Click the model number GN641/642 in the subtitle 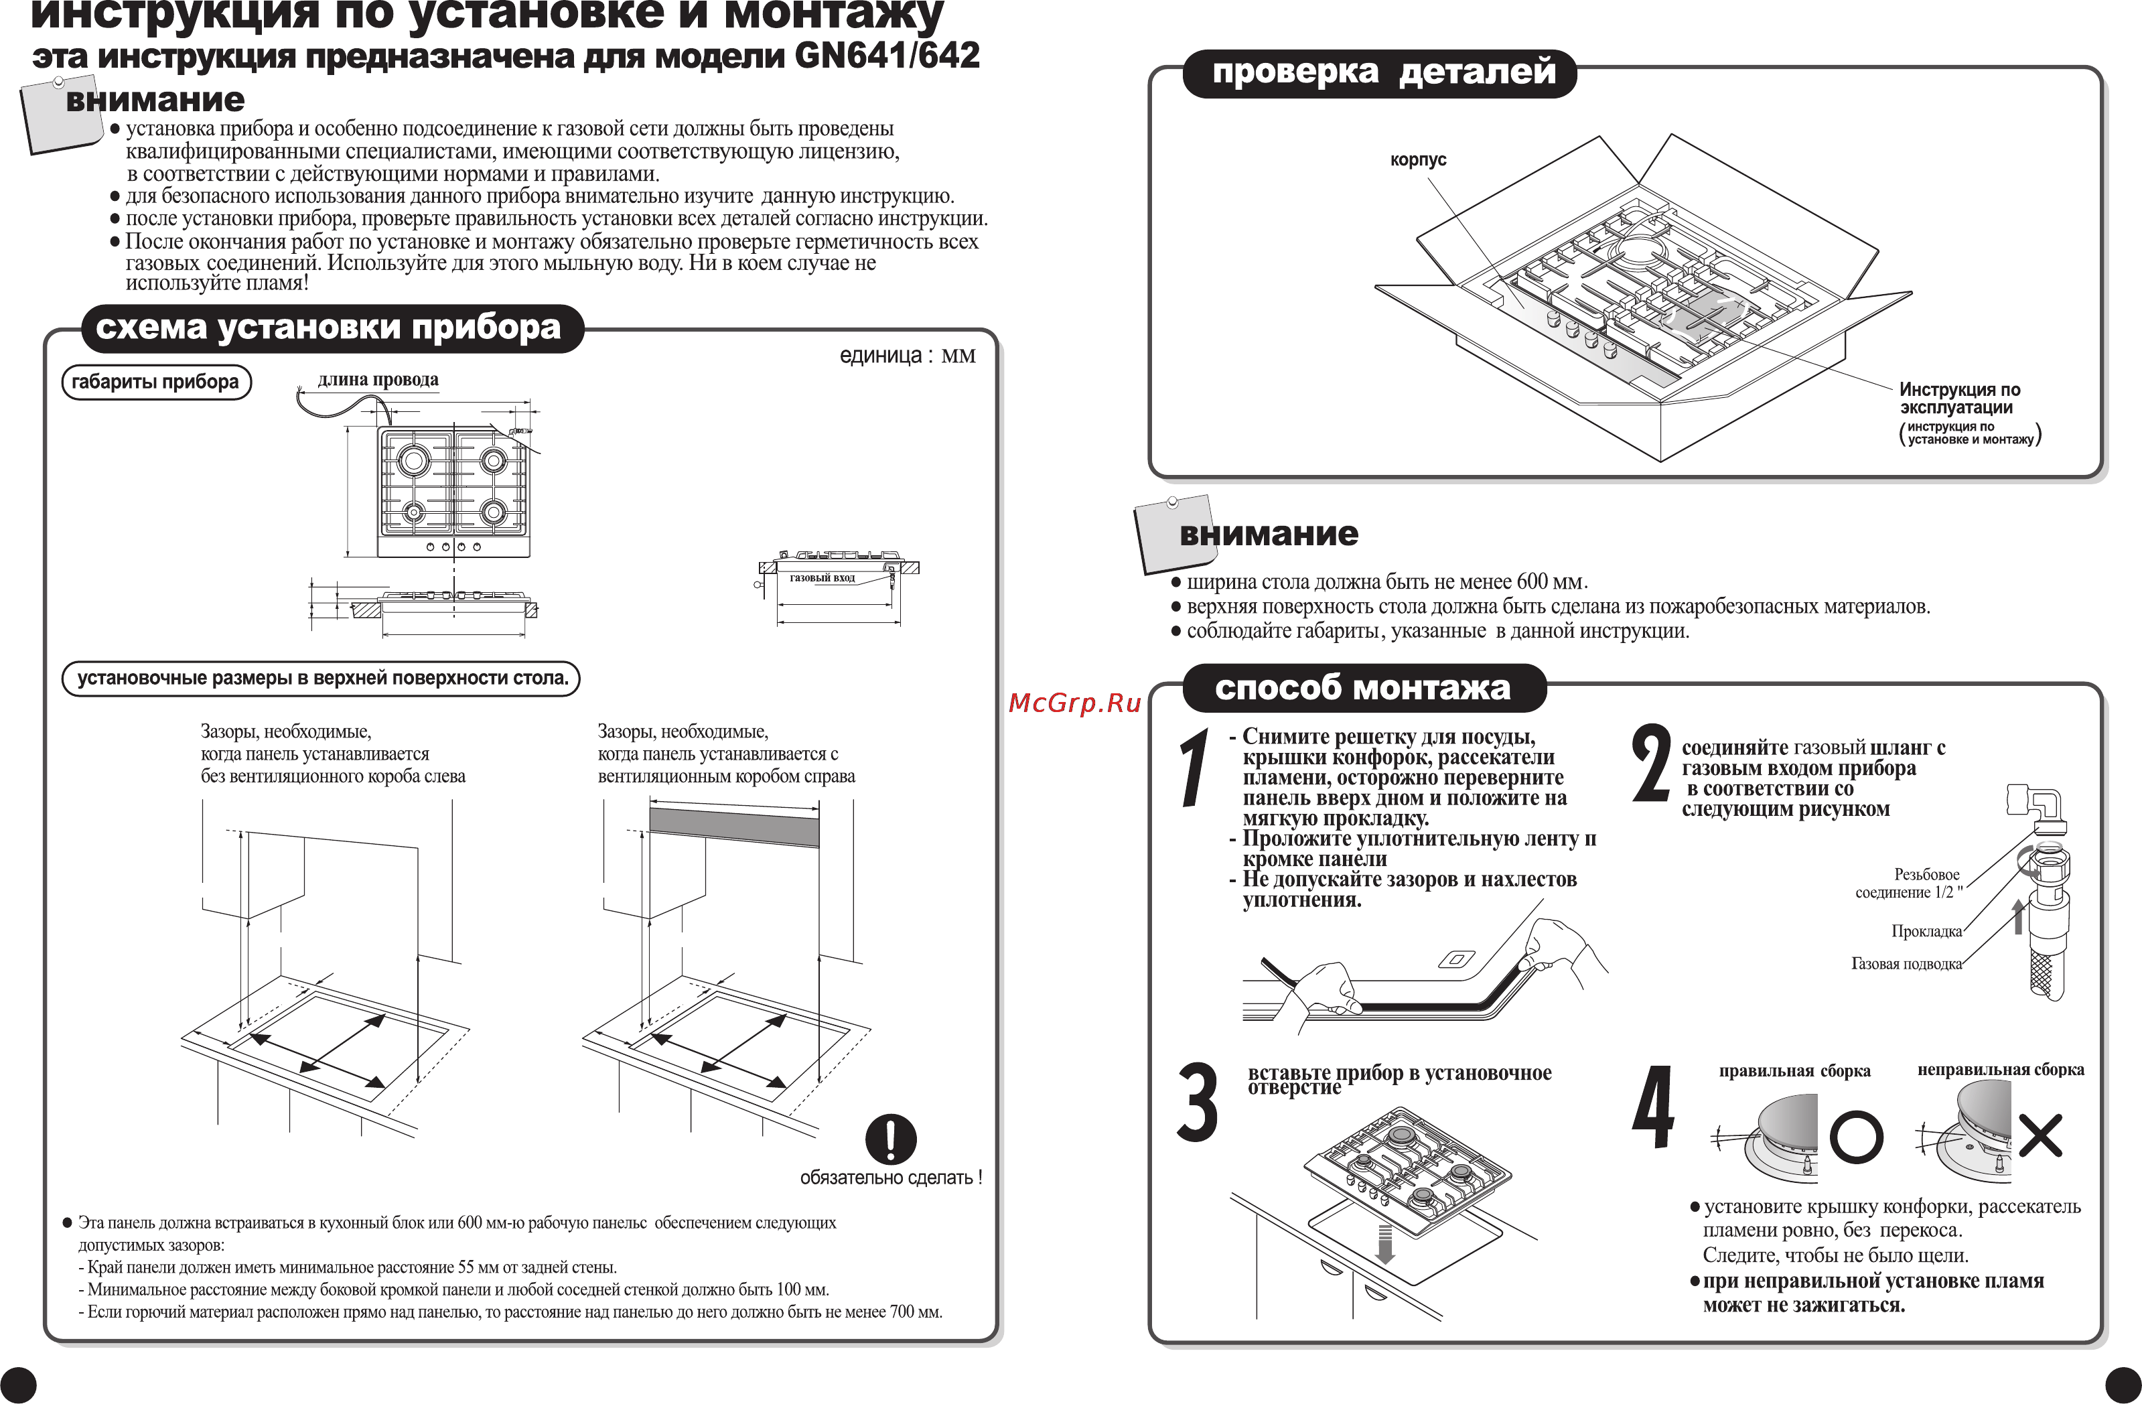[x=887, y=56]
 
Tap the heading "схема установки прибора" [x=328, y=328]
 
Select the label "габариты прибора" [x=155, y=382]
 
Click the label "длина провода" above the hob [x=378, y=379]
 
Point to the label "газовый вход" [x=822, y=578]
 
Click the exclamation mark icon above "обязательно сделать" [x=890, y=1139]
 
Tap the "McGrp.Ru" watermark [x=1074, y=703]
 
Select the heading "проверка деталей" [x=1383, y=71]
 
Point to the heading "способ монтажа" [x=1362, y=688]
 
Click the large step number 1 [x=1195, y=768]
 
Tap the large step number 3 [x=1198, y=1103]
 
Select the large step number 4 [x=1653, y=1108]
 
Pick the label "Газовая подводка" [x=1906, y=964]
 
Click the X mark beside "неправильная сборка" [x=2040, y=1136]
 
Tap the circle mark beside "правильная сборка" [x=1856, y=1137]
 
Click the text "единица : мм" [x=906, y=356]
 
